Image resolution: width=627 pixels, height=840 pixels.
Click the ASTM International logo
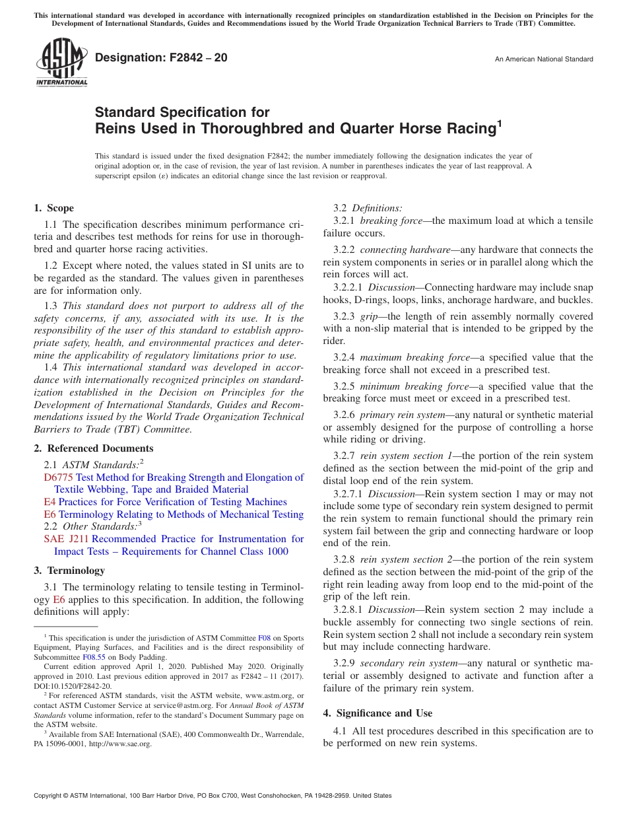click(x=61, y=63)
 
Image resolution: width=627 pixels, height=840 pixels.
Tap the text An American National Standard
click(x=544, y=59)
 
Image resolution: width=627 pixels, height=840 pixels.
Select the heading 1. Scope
click(x=53, y=208)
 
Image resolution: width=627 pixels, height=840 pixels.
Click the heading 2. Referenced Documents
click(x=93, y=448)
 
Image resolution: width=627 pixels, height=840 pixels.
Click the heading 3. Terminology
click(x=69, y=570)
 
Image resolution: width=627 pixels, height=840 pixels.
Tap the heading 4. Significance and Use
click(x=378, y=713)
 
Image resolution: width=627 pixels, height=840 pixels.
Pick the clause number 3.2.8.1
click(x=348, y=610)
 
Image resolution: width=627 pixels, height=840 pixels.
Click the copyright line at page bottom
click(x=213, y=796)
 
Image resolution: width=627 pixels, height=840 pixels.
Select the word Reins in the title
click(x=117, y=128)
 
